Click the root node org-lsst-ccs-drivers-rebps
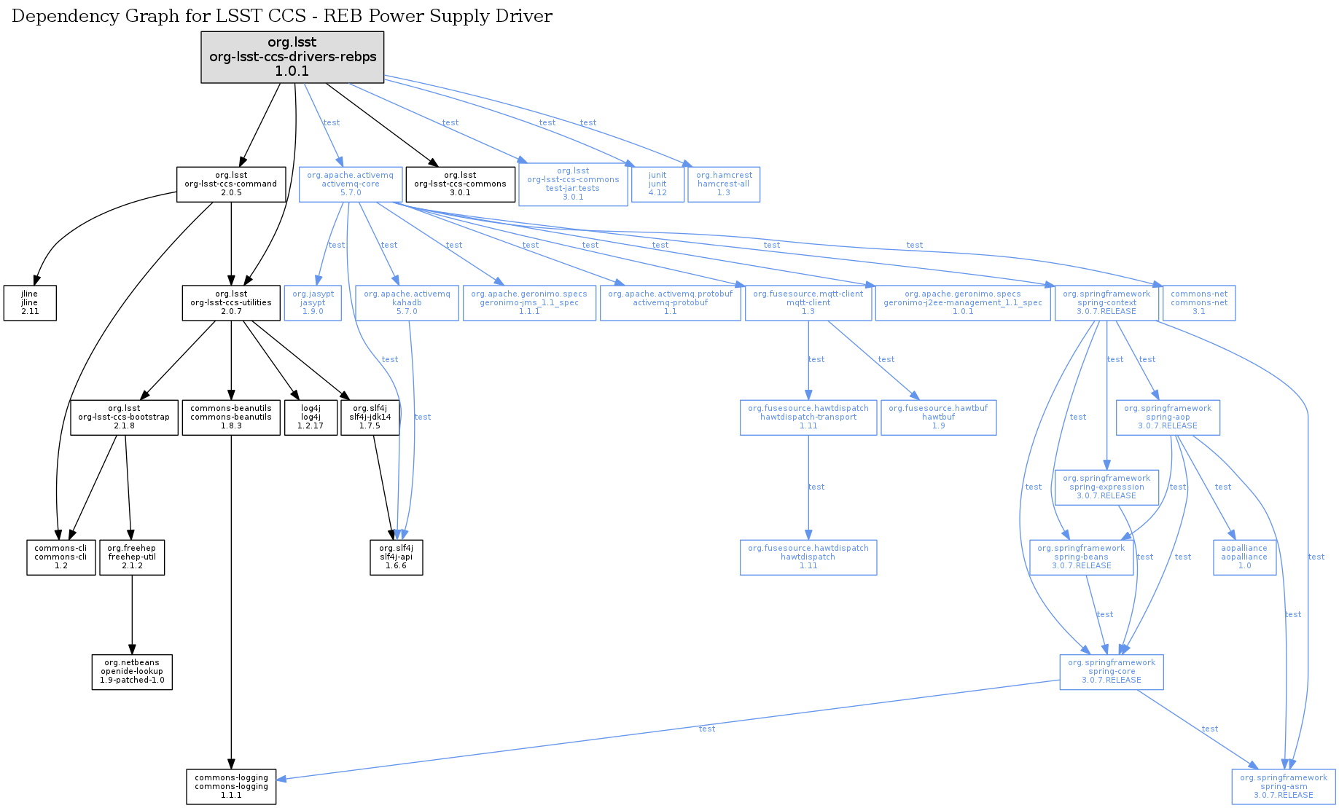pos(292,57)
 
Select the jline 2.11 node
pos(30,302)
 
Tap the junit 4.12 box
pos(657,184)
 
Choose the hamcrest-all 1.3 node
pos(723,184)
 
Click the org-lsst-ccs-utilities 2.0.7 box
pos(231,302)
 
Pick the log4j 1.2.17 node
pos(311,417)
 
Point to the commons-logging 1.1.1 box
pos(231,787)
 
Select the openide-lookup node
pos(132,672)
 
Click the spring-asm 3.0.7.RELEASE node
pos(1283,787)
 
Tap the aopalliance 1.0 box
pos(1244,557)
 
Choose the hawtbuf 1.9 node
pos(938,417)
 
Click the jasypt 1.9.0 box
pos(313,302)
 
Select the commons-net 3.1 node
pos(1199,302)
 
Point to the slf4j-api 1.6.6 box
pos(396,557)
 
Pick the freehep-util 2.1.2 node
pos(132,557)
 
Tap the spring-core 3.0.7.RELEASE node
pos(1111,672)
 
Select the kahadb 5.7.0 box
pos(407,302)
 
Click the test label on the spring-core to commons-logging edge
pos(706,729)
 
